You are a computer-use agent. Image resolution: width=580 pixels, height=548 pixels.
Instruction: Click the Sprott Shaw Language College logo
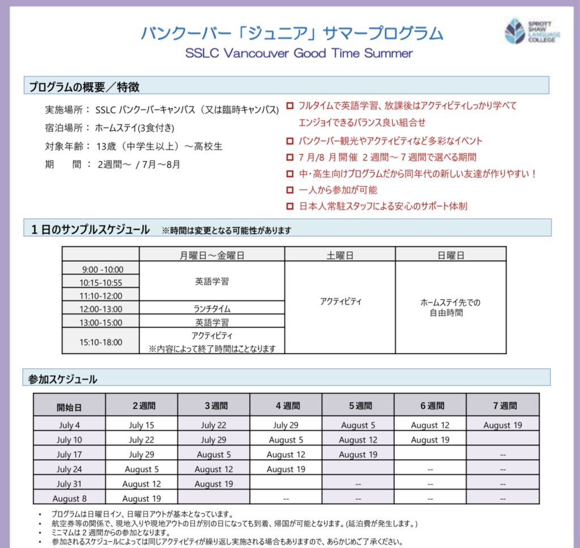[x=531, y=31]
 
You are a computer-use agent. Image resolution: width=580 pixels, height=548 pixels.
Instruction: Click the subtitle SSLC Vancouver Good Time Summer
[x=299, y=53]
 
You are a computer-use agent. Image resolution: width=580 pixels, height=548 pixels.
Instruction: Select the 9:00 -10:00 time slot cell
[x=101, y=269]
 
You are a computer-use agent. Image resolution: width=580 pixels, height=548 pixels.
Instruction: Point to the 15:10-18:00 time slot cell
[x=101, y=342]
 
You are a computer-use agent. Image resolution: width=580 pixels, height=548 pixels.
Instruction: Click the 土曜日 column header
[x=340, y=255]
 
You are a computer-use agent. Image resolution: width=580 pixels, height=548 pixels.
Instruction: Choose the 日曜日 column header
[x=450, y=255]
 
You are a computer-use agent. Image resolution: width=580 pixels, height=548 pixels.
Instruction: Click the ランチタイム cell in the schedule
[x=212, y=308]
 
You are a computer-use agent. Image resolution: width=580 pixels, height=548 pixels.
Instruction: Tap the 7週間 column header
[x=502, y=405]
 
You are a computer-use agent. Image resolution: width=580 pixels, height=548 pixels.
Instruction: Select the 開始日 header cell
[x=69, y=406]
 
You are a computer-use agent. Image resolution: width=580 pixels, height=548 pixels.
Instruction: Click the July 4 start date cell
[x=69, y=425]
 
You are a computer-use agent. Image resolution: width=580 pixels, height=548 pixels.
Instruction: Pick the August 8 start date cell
[x=69, y=499]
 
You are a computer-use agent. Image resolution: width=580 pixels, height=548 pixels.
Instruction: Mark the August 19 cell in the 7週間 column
[x=502, y=425]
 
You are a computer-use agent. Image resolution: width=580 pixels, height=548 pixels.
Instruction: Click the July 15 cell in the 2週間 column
[x=141, y=425]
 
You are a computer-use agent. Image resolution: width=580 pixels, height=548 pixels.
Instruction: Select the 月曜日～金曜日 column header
[x=212, y=255]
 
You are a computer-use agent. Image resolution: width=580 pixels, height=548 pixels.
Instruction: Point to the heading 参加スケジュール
[x=63, y=379]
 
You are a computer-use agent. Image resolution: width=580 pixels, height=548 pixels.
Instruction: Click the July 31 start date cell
[x=69, y=484]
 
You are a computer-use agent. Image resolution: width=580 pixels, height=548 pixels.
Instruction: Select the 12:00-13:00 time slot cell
[x=101, y=309]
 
